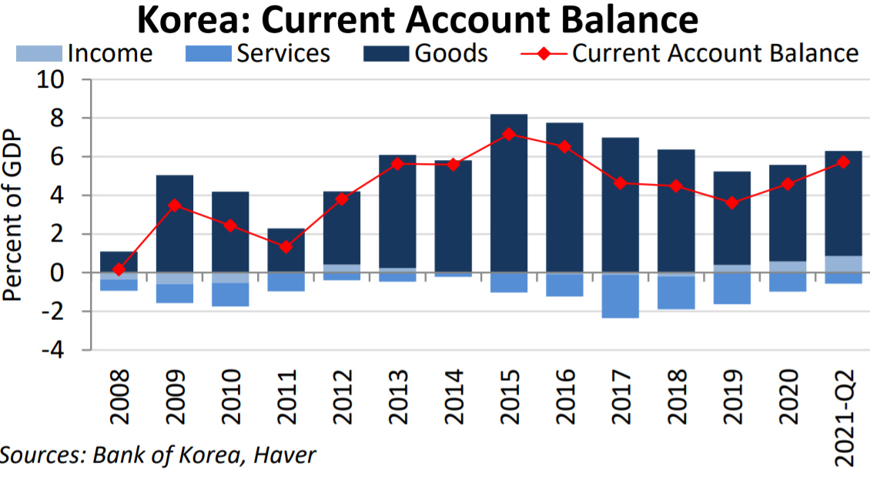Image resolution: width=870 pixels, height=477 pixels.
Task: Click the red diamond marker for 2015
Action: point(508,134)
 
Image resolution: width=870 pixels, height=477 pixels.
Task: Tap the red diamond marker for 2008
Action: point(119,269)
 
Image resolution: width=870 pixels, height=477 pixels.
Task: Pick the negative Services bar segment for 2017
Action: point(620,296)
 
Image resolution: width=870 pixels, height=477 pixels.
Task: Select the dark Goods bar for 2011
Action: point(286,250)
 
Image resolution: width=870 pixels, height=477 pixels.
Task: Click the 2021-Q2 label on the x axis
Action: point(843,415)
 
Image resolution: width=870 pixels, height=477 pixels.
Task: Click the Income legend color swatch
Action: point(39,54)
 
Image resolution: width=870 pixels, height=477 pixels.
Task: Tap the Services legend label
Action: point(283,54)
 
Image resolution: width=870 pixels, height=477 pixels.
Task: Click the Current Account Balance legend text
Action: point(715,54)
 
